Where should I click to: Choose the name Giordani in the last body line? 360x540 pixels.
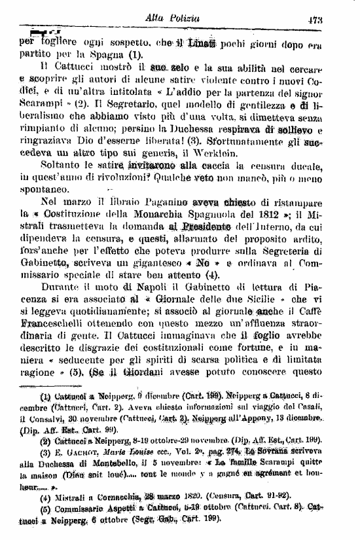coord(141,395)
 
